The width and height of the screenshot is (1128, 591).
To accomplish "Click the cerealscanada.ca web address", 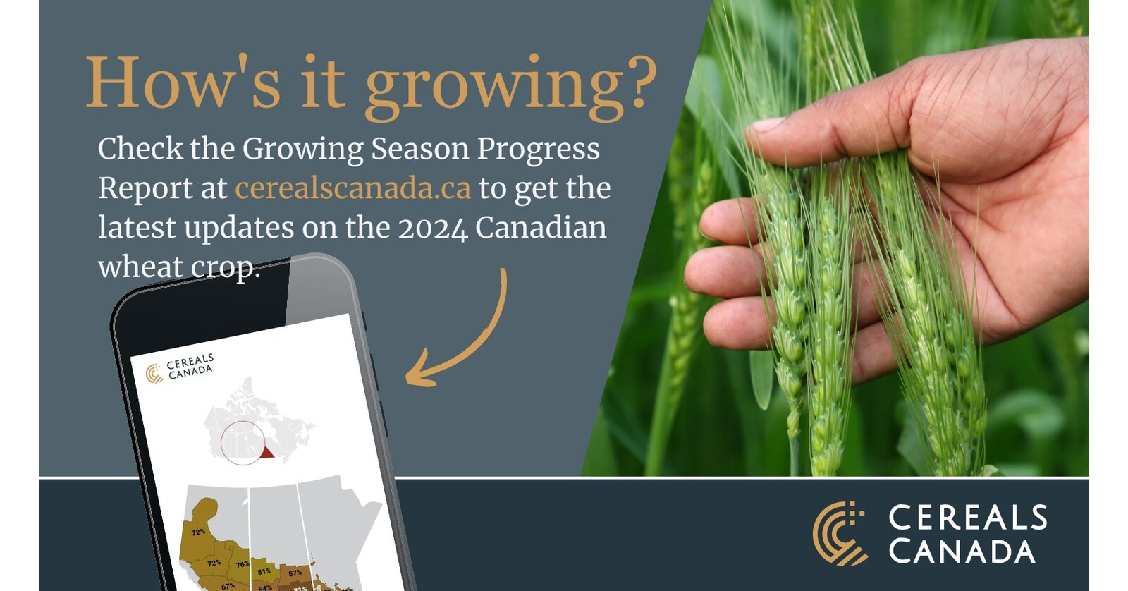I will click(x=352, y=188).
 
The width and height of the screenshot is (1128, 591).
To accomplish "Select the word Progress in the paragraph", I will click(x=538, y=149).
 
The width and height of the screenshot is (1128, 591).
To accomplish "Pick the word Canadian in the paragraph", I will click(x=541, y=228).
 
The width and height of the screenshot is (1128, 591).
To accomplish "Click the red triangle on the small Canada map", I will click(x=266, y=452).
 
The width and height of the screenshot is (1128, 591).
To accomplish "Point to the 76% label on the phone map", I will click(x=242, y=564).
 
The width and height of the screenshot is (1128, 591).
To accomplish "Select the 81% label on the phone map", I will click(x=264, y=571).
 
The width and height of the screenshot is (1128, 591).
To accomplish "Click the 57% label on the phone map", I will click(x=295, y=573).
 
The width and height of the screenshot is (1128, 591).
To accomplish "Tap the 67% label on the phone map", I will click(x=228, y=585).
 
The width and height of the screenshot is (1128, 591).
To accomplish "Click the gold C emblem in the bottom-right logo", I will click(x=838, y=534).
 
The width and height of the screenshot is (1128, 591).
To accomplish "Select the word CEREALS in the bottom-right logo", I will click(x=967, y=518).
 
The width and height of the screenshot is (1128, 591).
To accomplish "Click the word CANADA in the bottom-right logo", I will click(x=962, y=551).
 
